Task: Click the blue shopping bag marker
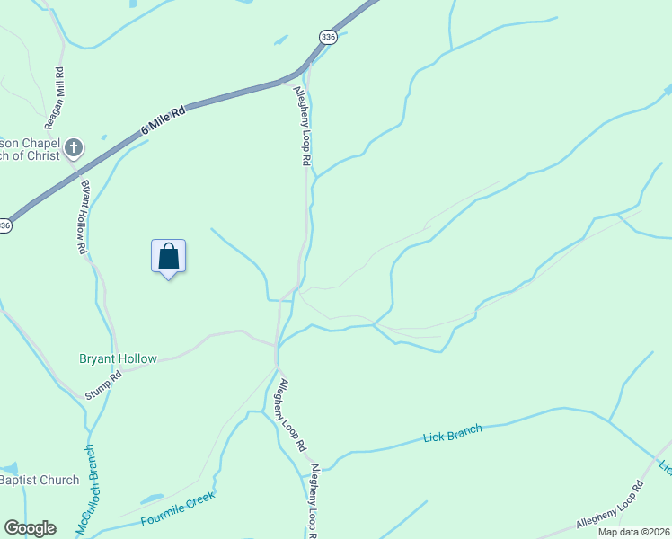[168, 257]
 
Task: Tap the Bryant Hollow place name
[118, 358]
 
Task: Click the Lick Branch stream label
[452, 433]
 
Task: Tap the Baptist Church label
[40, 480]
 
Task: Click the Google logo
[30, 528]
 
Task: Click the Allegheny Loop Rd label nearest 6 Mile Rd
[302, 124]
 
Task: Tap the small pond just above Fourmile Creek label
[151, 499]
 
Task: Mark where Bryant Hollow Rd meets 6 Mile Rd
[75, 170]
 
